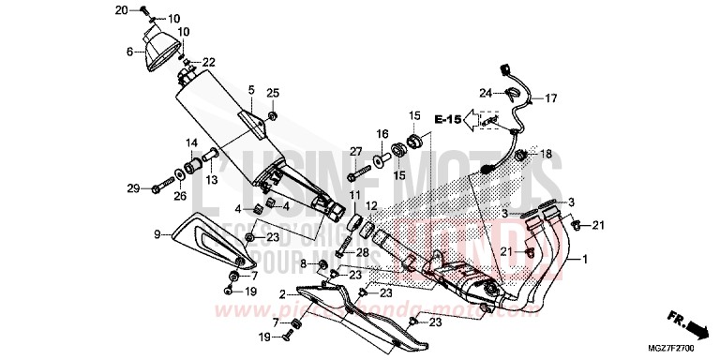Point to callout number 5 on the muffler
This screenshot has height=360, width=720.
pyautogui.click(x=250, y=90)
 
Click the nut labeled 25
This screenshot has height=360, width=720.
pyautogui.click(x=273, y=116)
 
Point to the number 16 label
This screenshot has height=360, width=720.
pyautogui.click(x=382, y=135)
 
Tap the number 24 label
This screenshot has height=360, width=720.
pyautogui.click(x=485, y=93)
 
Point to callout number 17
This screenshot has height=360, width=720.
pyautogui.click(x=550, y=97)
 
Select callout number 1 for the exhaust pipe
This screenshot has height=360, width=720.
pyautogui.click(x=586, y=259)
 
